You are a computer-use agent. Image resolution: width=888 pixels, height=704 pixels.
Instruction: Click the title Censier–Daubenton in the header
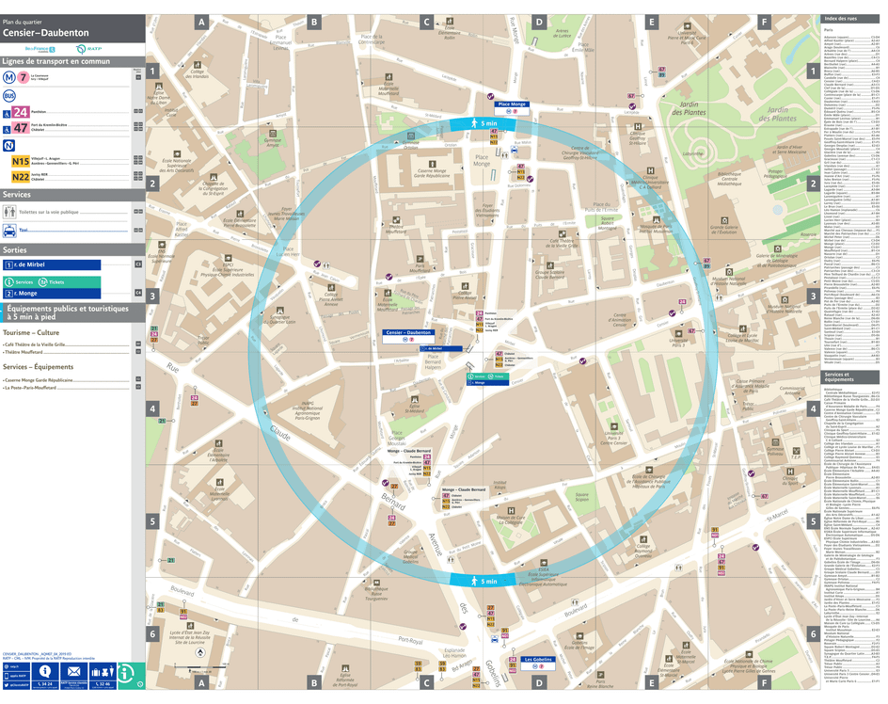(46, 32)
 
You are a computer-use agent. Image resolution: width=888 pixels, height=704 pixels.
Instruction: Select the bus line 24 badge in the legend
(20, 112)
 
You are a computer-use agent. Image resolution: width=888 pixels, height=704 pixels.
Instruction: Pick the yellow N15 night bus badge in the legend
(20, 161)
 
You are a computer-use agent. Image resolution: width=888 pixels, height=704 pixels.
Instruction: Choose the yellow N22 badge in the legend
(20, 175)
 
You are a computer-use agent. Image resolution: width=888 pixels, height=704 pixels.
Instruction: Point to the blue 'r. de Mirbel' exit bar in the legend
(52, 264)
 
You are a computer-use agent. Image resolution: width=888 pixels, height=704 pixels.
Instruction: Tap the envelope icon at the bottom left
(73, 672)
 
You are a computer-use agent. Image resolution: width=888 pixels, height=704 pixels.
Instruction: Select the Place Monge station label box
(512, 104)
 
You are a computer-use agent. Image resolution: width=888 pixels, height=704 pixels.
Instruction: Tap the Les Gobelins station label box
(537, 660)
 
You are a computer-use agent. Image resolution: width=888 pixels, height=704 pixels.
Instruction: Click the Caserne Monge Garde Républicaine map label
(434, 174)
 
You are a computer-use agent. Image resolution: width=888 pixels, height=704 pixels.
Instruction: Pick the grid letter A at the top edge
(200, 21)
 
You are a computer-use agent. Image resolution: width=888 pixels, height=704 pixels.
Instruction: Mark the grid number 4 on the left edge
(152, 408)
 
